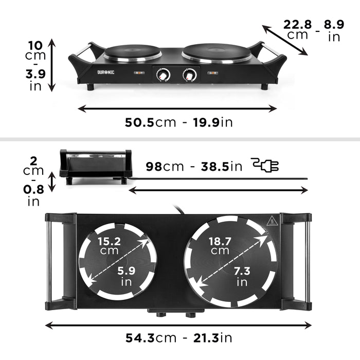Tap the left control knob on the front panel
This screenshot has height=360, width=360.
[x=163, y=75]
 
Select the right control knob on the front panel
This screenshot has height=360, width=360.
[x=189, y=75]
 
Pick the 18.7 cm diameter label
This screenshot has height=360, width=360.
[x=220, y=245]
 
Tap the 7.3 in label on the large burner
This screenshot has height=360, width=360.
[x=242, y=276]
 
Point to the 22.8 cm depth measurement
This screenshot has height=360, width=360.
[x=298, y=29]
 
